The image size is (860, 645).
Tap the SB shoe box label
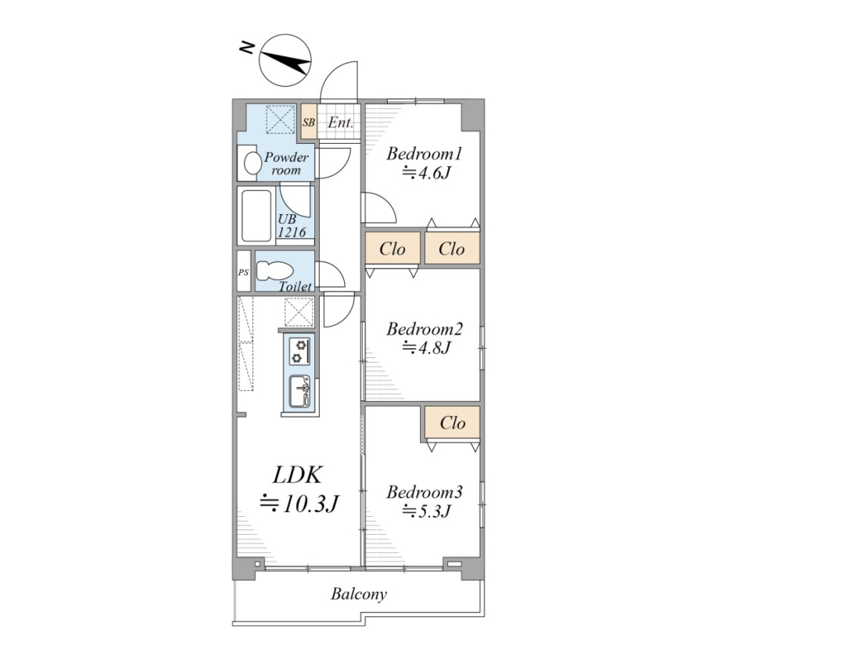point(309,122)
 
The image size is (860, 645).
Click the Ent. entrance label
point(340,122)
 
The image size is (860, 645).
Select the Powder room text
point(286,163)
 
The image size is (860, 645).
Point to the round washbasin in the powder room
point(253,163)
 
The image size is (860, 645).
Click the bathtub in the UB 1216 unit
point(256,215)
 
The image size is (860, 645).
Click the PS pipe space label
point(243,272)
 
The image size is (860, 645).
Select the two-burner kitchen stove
point(299,352)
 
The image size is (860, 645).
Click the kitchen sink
point(300,392)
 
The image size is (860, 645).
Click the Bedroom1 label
point(424,153)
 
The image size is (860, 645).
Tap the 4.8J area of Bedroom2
point(427,347)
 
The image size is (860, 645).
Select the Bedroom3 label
point(425,492)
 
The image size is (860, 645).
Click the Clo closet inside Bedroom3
point(453,422)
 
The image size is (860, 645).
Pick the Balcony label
point(359,594)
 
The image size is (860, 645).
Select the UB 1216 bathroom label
point(292,225)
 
